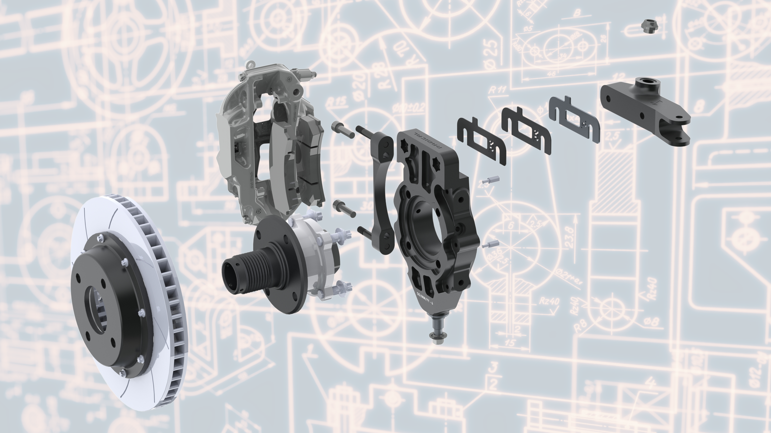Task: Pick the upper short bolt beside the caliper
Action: [x=343, y=130]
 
